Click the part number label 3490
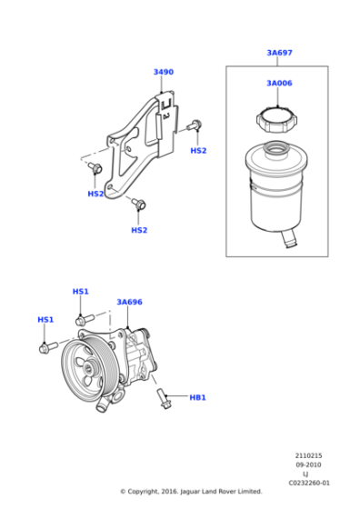point(163,72)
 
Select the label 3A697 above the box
point(279,53)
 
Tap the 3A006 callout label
point(279,84)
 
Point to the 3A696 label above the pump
point(129,302)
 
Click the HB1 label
point(197,397)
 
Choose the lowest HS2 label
point(138,230)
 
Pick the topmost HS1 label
point(80,292)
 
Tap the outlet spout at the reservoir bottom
point(287,239)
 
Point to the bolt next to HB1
point(164,396)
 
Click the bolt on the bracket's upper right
point(194,125)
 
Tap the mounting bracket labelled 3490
point(136,145)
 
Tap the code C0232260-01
point(309,483)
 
